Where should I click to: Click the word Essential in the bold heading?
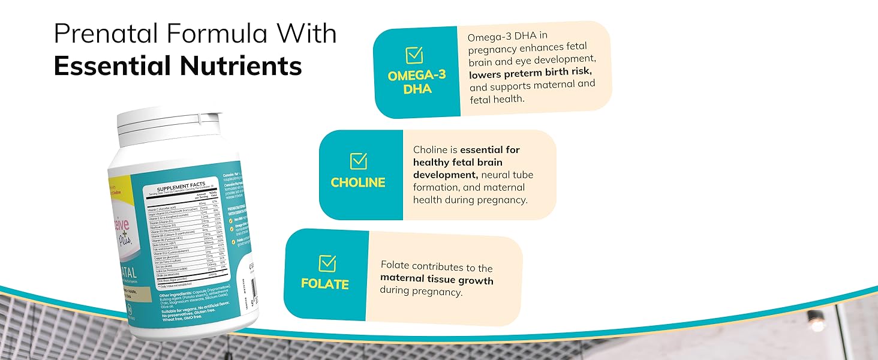coord(115,66)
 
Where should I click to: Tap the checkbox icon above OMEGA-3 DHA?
coord(414,55)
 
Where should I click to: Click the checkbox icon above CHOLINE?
coord(358,160)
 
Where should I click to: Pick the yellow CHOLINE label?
coord(358,182)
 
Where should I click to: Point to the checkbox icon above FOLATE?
coord(327,263)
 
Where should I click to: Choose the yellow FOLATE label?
coord(325,284)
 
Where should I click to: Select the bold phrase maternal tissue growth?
coord(437,280)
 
